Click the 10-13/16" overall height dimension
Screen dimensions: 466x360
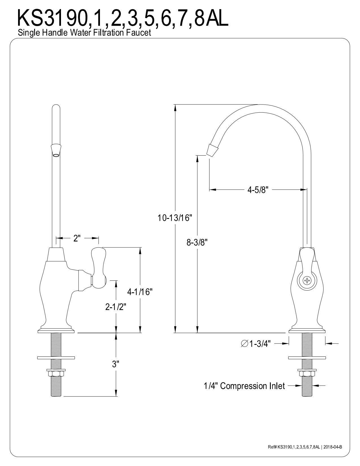(x=175, y=218)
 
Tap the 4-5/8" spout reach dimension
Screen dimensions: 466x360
(x=258, y=190)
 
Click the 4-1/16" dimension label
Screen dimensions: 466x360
(x=140, y=292)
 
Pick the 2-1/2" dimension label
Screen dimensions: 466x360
(x=115, y=307)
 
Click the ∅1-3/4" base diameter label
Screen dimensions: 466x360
(x=256, y=343)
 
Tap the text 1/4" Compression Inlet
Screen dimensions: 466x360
(x=244, y=386)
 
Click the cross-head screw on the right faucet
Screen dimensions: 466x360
(x=307, y=281)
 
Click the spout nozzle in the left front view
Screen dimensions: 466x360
(x=56, y=150)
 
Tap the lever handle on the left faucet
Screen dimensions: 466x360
(x=98, y=268)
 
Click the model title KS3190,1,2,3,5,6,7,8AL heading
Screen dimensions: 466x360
(x=123, y=18)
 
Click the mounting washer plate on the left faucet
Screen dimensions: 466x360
(x=56, y=358)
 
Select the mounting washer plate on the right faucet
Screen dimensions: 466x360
(x=307, y=358)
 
